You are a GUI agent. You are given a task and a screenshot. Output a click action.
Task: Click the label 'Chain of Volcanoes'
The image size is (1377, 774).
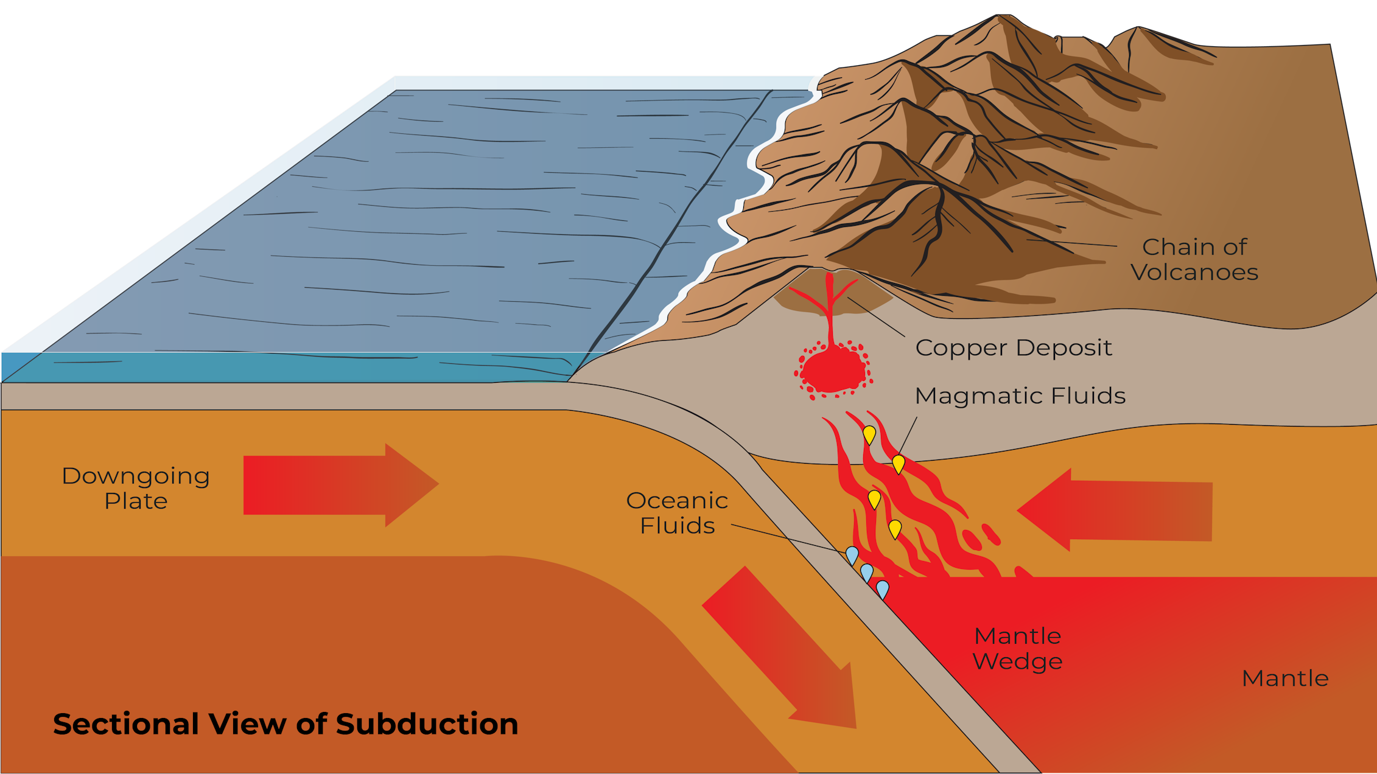[1194, 259]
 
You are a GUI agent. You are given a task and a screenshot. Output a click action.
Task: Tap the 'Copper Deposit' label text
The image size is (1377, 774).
[1014, 347]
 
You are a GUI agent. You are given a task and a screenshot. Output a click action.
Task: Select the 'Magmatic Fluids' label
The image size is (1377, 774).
[1020, 396]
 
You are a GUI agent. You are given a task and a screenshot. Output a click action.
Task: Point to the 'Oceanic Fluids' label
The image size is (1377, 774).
[677, 512]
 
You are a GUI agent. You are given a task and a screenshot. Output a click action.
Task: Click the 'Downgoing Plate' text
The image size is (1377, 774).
[136, 488]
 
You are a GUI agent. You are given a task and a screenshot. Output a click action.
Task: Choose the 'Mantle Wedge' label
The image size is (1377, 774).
[1017, 648]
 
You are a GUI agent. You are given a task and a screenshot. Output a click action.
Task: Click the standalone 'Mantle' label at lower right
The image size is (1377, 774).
[1285, 678]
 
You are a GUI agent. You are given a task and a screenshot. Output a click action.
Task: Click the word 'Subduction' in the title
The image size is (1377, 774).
[427, 724]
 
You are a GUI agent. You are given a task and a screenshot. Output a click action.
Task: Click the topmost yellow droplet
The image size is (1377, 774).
[869, 435]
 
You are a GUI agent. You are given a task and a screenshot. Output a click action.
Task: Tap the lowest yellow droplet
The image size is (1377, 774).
[894, 529]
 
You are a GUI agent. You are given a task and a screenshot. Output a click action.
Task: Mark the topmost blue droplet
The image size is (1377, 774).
[852, 555]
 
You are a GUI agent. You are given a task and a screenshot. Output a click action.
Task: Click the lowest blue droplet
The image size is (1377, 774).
[882, 589]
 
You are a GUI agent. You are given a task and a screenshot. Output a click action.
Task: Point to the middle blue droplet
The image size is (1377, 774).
[866, 572]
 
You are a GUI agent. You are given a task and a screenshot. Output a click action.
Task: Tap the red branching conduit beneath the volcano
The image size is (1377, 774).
[829, 307]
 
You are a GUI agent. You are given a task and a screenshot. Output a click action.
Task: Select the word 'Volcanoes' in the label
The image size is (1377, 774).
[1194, 272]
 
